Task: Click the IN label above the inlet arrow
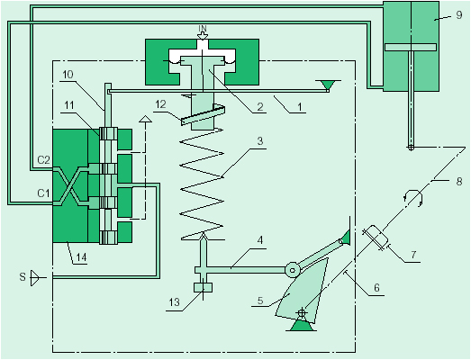203,29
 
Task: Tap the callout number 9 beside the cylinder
458,14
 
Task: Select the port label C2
43,160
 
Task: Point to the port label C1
43,193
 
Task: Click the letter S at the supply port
23,276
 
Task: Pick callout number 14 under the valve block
81,257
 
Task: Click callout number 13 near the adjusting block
174,302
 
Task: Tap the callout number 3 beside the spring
260,140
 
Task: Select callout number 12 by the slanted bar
160,104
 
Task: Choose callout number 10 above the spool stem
68,75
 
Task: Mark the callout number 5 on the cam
260,301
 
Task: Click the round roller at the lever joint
293,270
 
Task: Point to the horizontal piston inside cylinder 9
411,47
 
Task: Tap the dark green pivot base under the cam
302,326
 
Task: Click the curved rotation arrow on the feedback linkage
413,196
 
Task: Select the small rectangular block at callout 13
203,287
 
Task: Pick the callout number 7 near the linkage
413,255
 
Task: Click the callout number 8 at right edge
459,182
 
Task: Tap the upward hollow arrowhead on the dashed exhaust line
146,119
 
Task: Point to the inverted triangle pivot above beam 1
328,85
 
